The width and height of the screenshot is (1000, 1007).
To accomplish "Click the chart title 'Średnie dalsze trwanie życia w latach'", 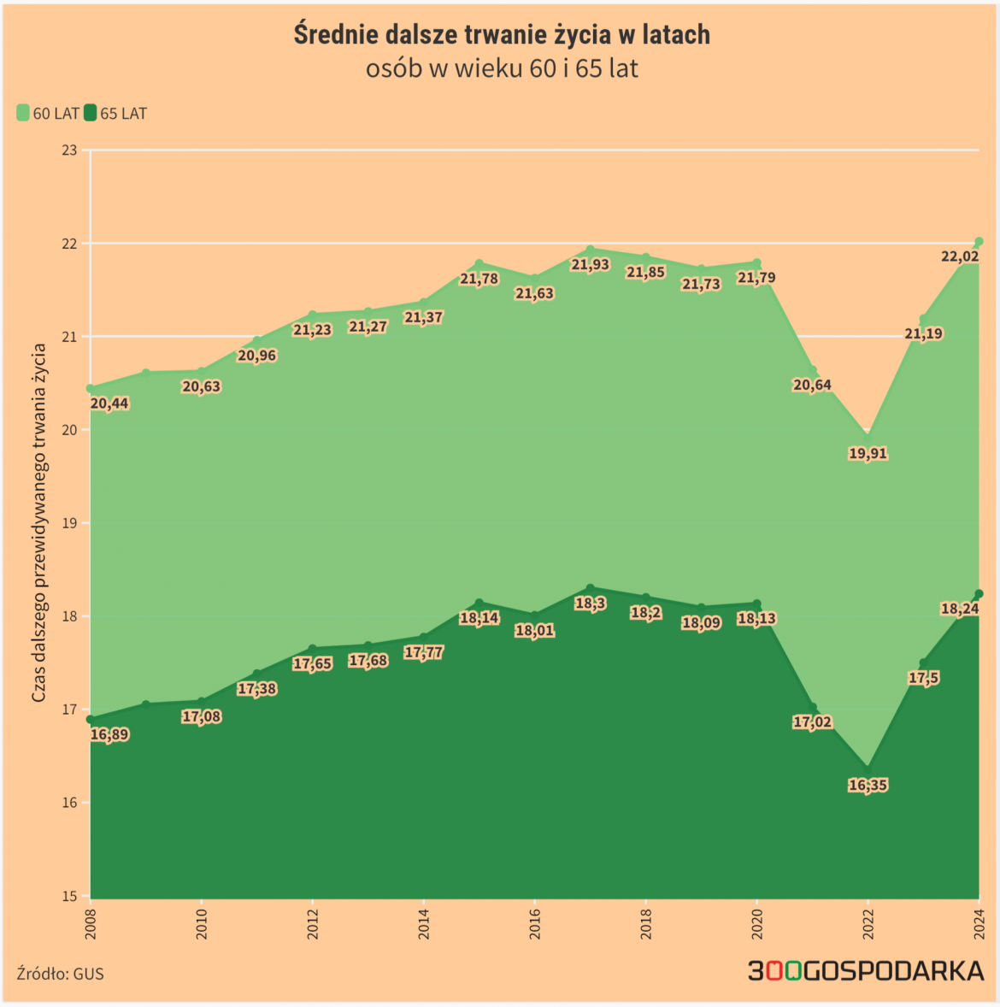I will pos(502,35).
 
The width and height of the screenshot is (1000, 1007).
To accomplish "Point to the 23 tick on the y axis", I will pos(69,150).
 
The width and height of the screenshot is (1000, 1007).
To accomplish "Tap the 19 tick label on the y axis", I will pos(69,523).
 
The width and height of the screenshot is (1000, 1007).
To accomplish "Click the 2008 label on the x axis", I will pos(91,924).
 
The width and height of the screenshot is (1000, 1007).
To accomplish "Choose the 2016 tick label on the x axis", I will pos(535,924).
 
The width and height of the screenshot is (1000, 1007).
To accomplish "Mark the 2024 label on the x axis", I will pos(979,924).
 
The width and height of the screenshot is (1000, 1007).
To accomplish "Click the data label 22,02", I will pos(959,256).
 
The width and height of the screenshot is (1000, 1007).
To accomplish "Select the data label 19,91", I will pos(868,454).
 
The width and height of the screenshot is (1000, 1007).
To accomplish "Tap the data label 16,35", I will pos(868,785).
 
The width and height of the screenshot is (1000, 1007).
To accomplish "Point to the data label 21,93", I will pos(590,265).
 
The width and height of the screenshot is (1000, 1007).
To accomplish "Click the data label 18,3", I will pos(590,604).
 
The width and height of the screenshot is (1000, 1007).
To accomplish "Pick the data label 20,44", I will pos(109,403).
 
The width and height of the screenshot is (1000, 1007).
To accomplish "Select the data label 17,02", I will pos(812,722).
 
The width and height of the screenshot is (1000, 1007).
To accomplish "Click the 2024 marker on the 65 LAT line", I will pos(979,593).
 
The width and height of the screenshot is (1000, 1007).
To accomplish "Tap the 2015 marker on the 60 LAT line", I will pos(479,264).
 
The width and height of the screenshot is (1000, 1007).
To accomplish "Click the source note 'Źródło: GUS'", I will pos(60,974).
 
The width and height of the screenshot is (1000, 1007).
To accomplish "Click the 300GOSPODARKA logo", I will pos(866,971).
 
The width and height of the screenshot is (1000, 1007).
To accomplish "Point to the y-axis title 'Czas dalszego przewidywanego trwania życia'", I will pos(39,523).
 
